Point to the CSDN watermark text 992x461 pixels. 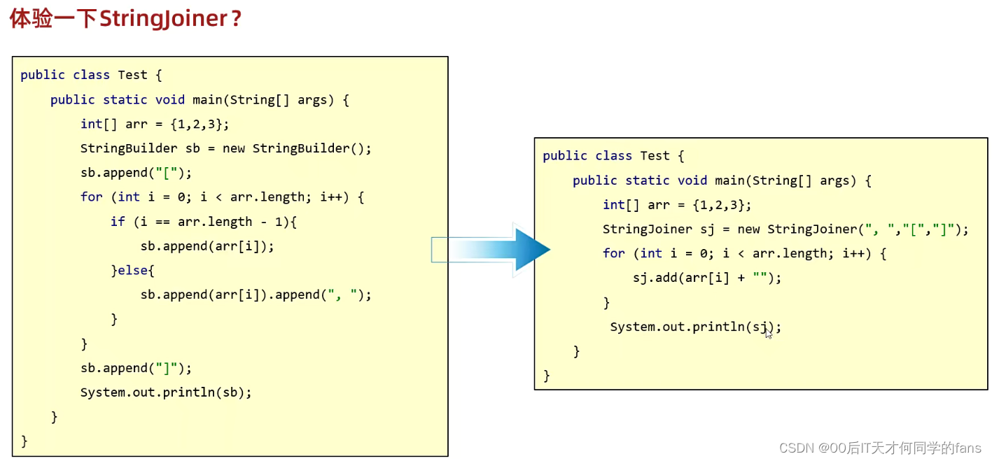click(x=880, y=448)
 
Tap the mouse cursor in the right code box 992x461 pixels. click(x=769, y=334)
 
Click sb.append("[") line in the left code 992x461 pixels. click(x=136, y=173)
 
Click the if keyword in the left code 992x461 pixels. click(x=118, y=222)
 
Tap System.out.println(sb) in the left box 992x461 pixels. click(x=166, y=392)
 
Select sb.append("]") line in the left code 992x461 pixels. click(x=136, y=368)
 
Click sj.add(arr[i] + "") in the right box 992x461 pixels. click(x=707, y=278)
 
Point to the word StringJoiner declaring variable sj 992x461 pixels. click(x=648, y=229)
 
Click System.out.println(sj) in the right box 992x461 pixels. click(x=695, y=327)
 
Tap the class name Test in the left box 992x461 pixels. click(x=132, y=75)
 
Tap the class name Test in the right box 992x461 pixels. click(x=655, y=156)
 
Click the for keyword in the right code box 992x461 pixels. click(x=614, y=253)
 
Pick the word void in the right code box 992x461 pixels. click(x=692, y=180)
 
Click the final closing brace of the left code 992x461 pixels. click(x=25, y=441)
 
